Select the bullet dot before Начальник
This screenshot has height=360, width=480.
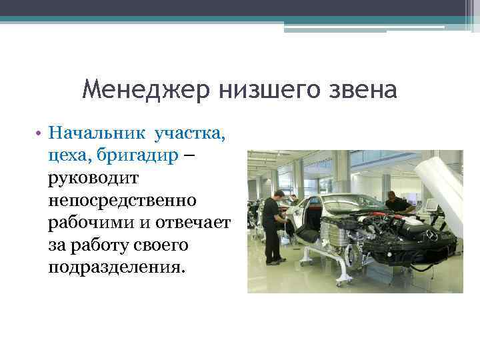[41, 133]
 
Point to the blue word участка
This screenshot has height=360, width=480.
[189, 133]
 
